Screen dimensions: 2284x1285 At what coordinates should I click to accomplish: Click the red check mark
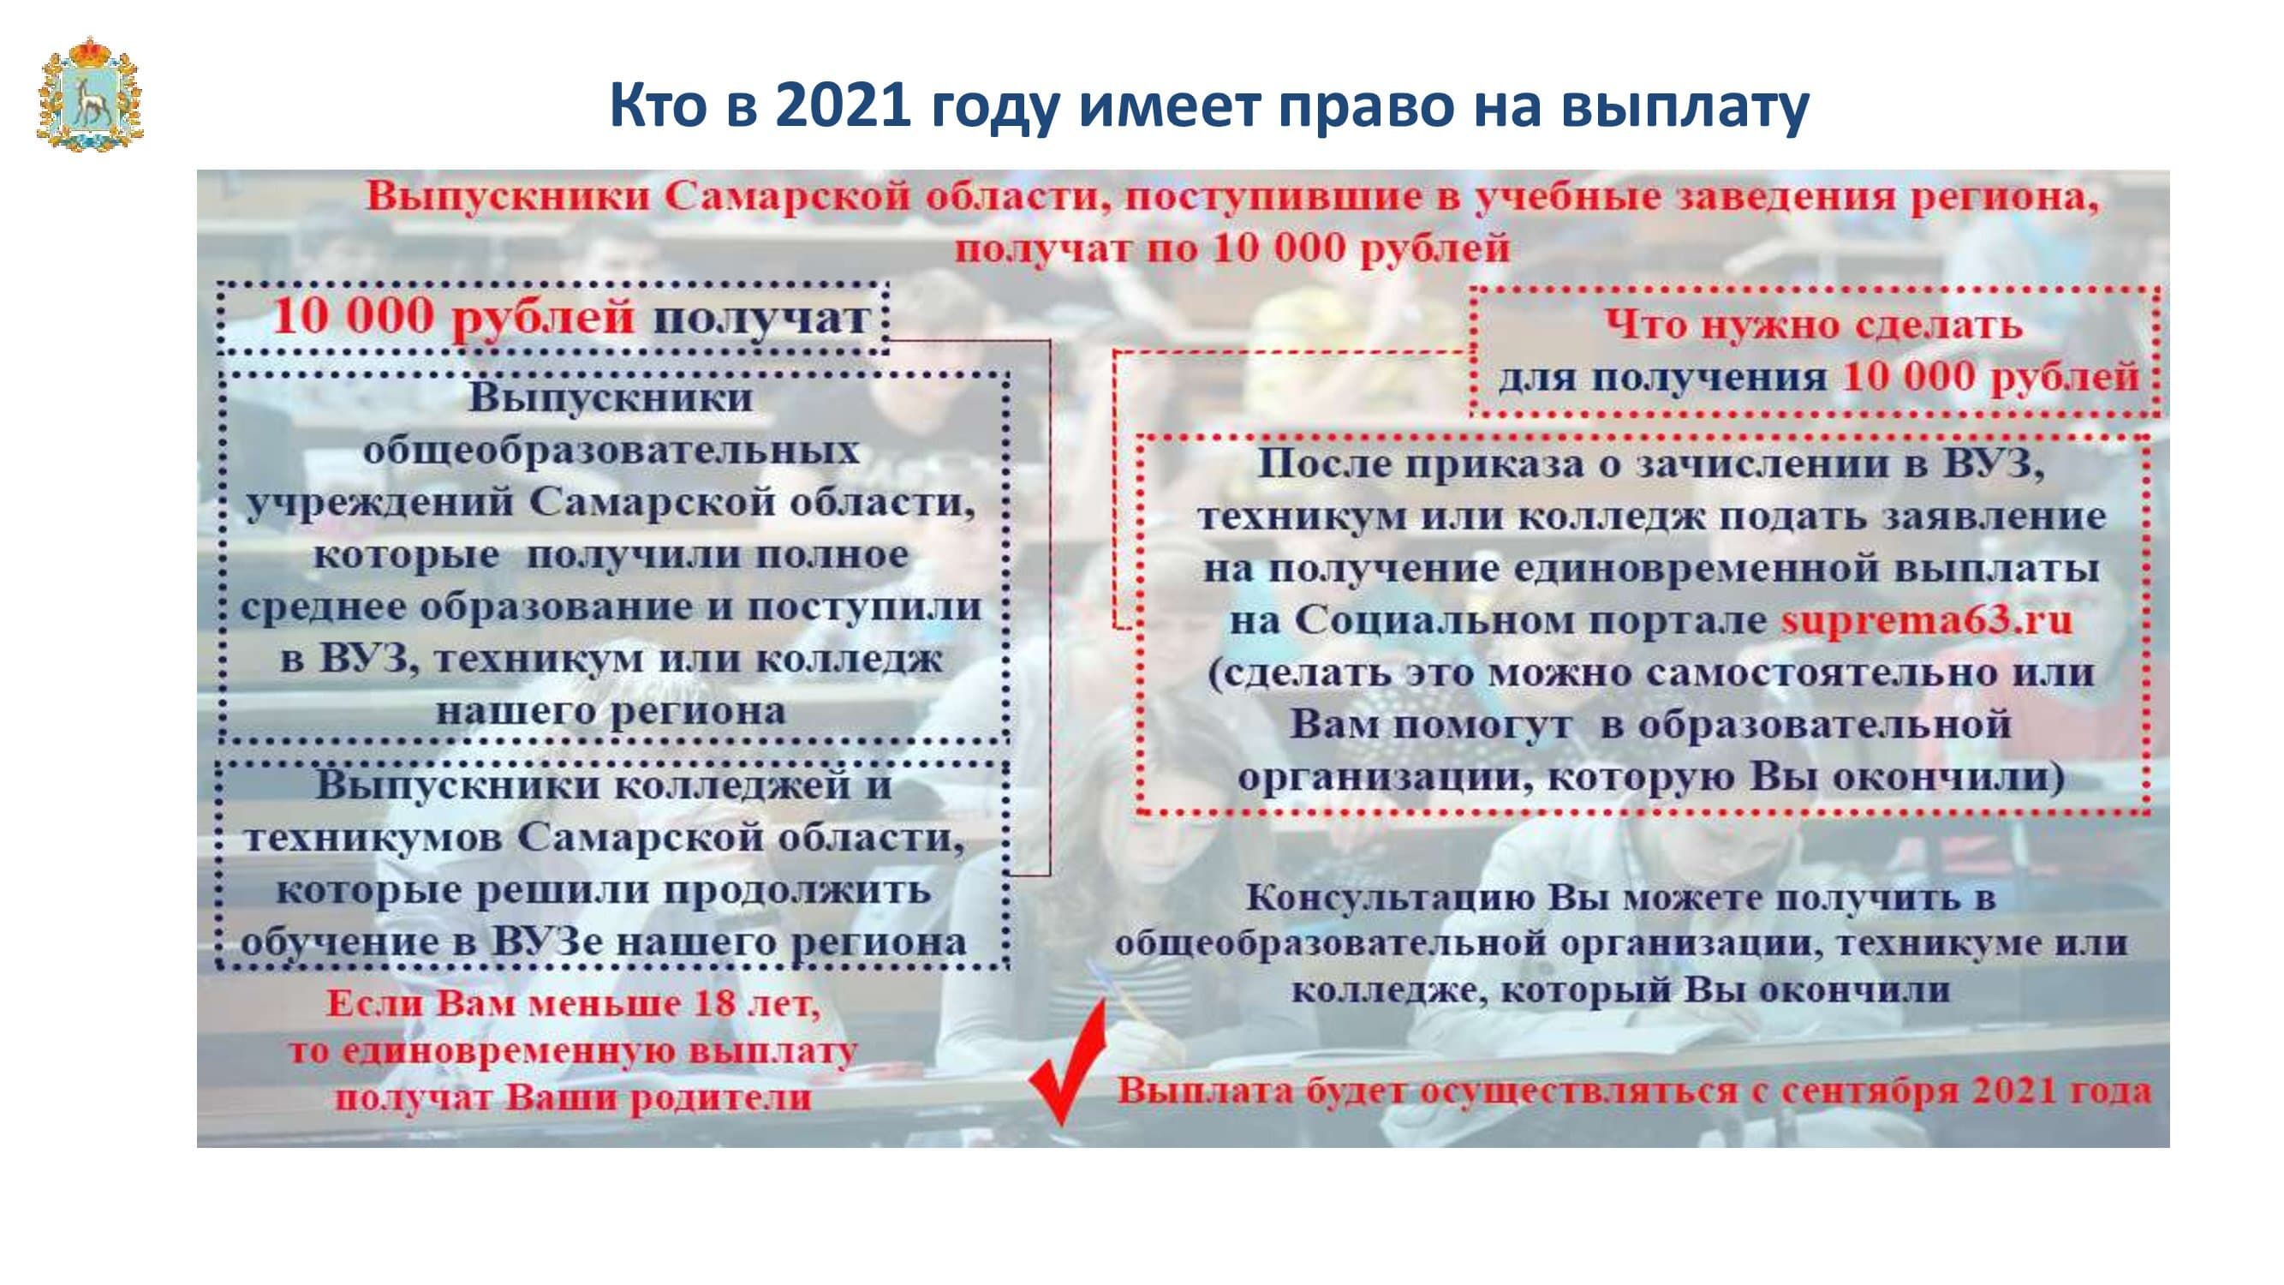pyautogui.click(x=1066, y=1062)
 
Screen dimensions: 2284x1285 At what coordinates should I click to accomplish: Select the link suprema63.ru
pyautogui.click(x=1926, y=620)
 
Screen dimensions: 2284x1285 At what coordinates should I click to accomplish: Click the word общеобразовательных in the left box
pyautogui.click(x=611, y=451)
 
